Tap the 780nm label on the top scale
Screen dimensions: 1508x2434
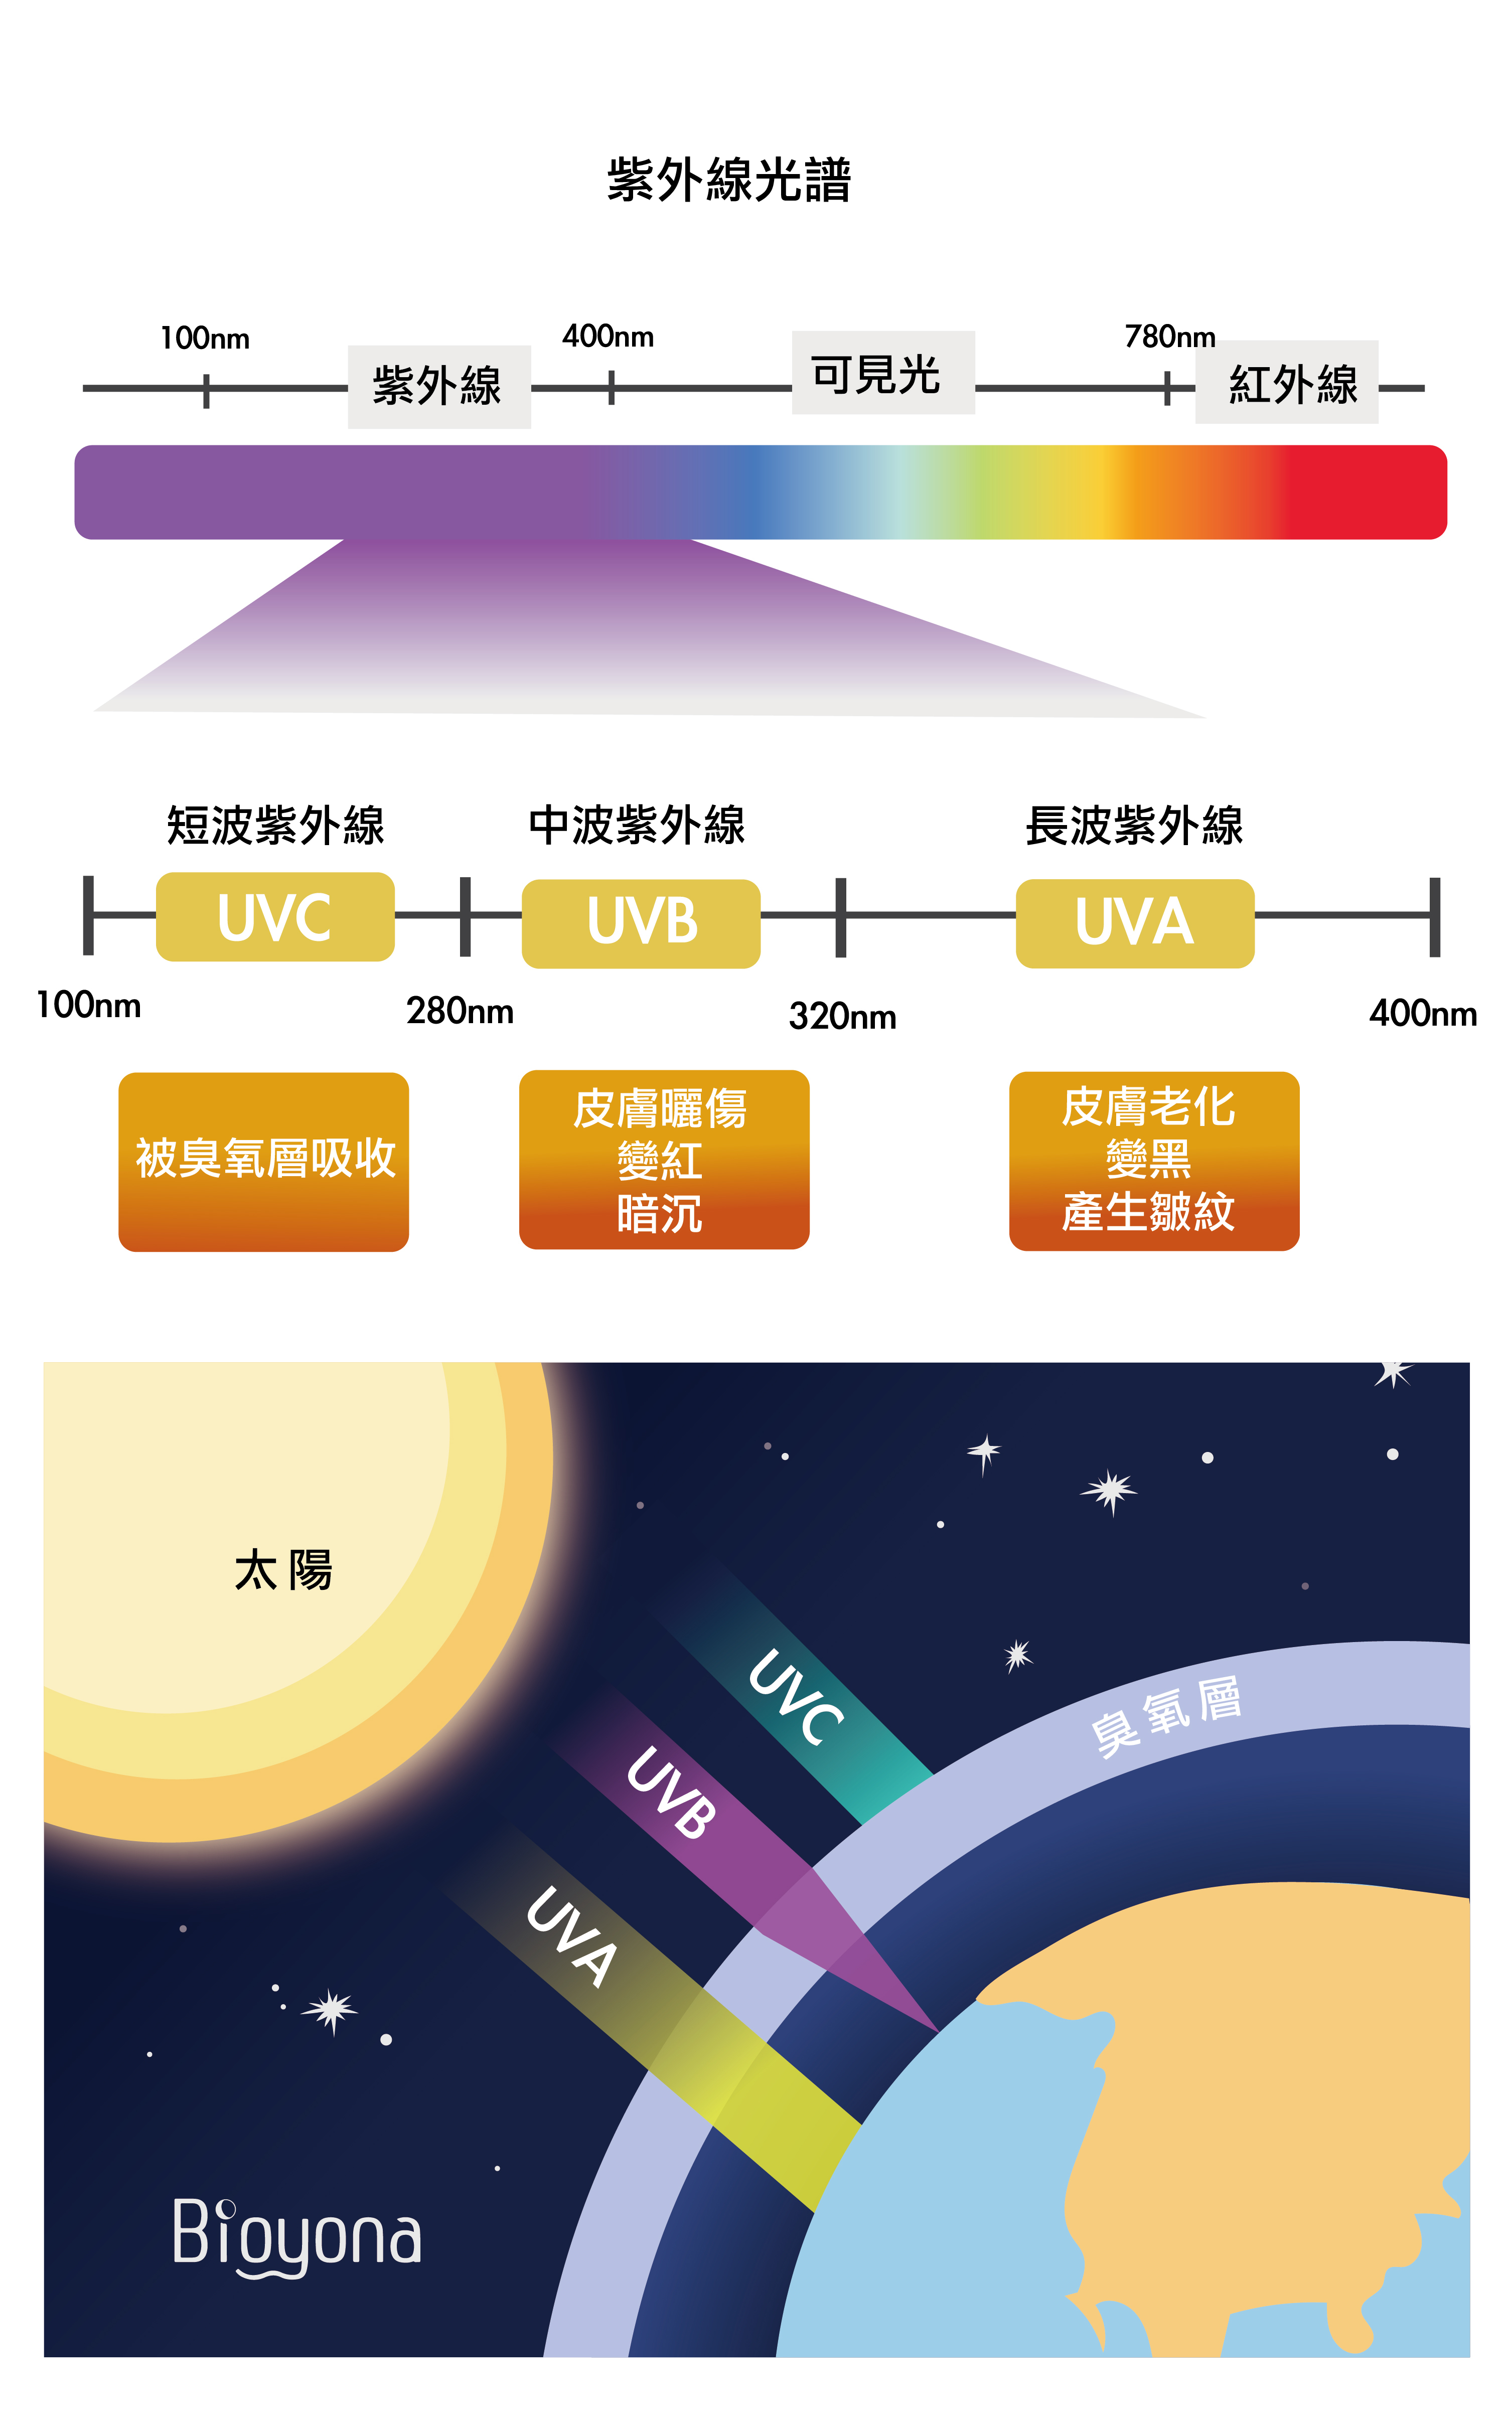click(1170, 337)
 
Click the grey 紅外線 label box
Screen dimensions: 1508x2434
click(1287, 382)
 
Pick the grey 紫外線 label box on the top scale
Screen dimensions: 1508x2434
click(439, 387)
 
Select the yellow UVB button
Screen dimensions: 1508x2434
click(641, 923)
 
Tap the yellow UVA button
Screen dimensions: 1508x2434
click(1135, 923)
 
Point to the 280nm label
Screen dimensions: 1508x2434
click(460, 1011)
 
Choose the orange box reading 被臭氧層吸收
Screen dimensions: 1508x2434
click(263, 1162)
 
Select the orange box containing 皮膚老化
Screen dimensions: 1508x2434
click(1154, 1161)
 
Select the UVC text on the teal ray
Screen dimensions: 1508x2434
click(796, 1697)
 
